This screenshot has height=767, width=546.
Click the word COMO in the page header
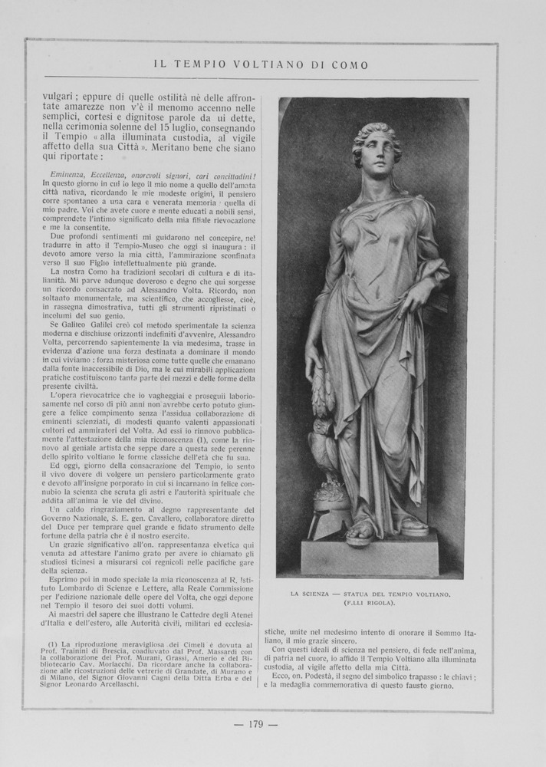point(350,65)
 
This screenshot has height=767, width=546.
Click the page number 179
point(256,725)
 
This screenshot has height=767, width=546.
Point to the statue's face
point(379,153)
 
